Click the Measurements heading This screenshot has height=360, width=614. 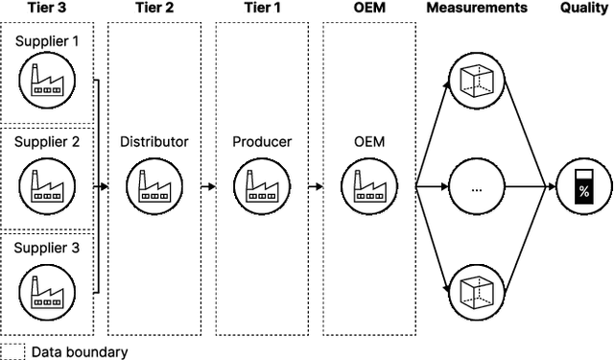point(476,8)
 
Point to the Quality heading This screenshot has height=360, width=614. point(582,8)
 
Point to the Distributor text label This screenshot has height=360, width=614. point(154,142)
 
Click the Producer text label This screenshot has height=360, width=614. point(262,142)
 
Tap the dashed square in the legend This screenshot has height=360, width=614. point(12,350)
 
